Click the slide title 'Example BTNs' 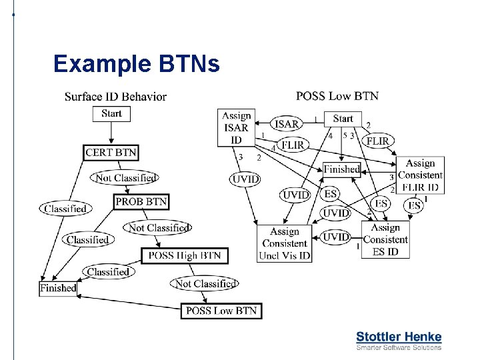point(136,64)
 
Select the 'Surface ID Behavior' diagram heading point(115,97)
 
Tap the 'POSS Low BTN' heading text point(337,96)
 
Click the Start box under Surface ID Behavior point(111,114)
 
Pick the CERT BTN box point(111,153)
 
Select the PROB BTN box point(141,201)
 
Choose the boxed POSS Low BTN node point(221,311)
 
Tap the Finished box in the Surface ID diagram point(58,289)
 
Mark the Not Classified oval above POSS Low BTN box point(205,284)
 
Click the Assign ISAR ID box point(236,128)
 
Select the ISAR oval point(287,124)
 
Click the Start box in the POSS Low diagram point(343,119)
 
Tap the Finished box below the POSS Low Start point(341,169)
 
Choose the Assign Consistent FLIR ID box point(420,175)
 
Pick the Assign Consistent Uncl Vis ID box point(285,243)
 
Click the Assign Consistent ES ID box point(385,240)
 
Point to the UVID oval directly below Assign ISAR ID point(245,179)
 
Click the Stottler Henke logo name point(399,337)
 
